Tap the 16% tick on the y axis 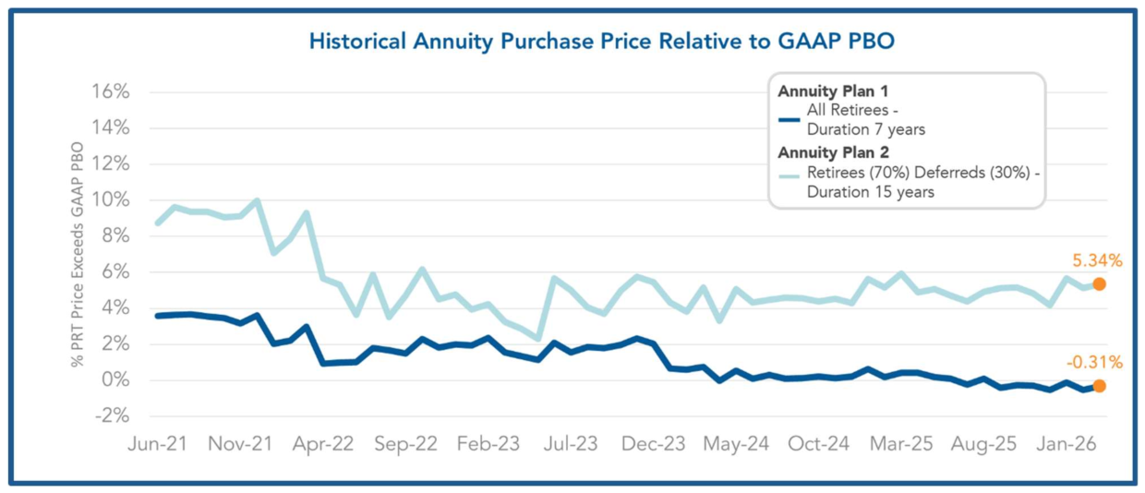point(111,92)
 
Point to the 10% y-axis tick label point(111,200)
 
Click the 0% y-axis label point(116,380)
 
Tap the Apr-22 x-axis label point(323,444)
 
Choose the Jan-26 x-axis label point(1067,444)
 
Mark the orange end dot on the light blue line point(1099,284)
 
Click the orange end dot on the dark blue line point(1099,386)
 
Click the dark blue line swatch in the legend point(789,118)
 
